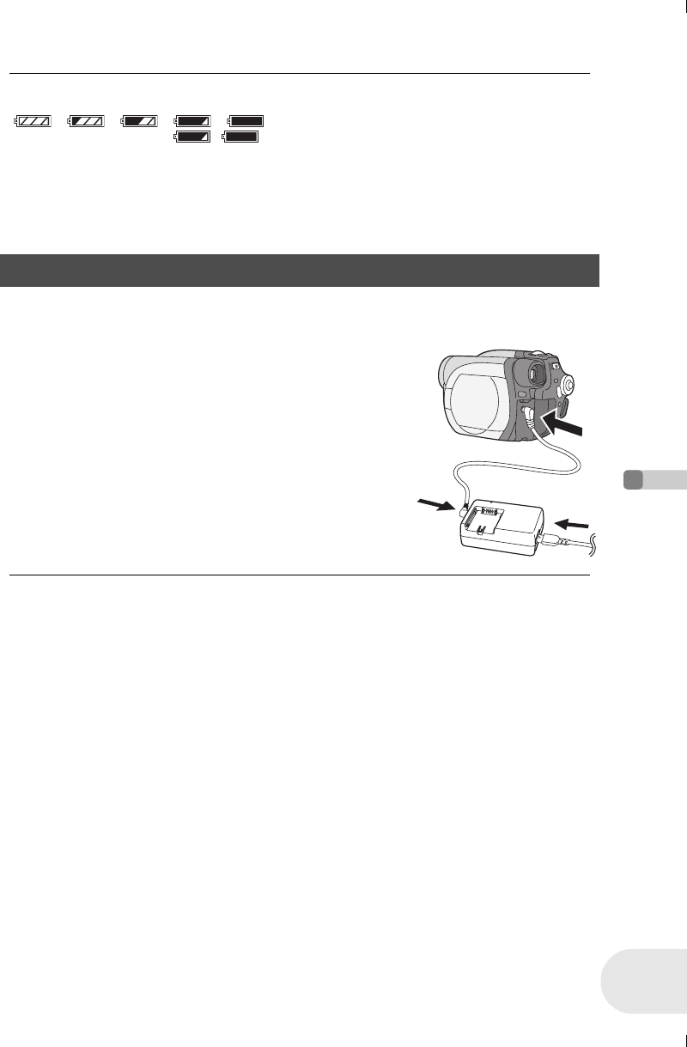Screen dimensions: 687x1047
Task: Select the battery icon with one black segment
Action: tap(87, 121)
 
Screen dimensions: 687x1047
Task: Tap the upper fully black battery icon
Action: tap(246, 121)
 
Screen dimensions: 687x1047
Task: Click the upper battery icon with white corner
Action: tap(192, 121)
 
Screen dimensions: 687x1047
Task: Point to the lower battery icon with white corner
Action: tap(192, 137)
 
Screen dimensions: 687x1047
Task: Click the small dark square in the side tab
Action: tap(633, 480)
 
